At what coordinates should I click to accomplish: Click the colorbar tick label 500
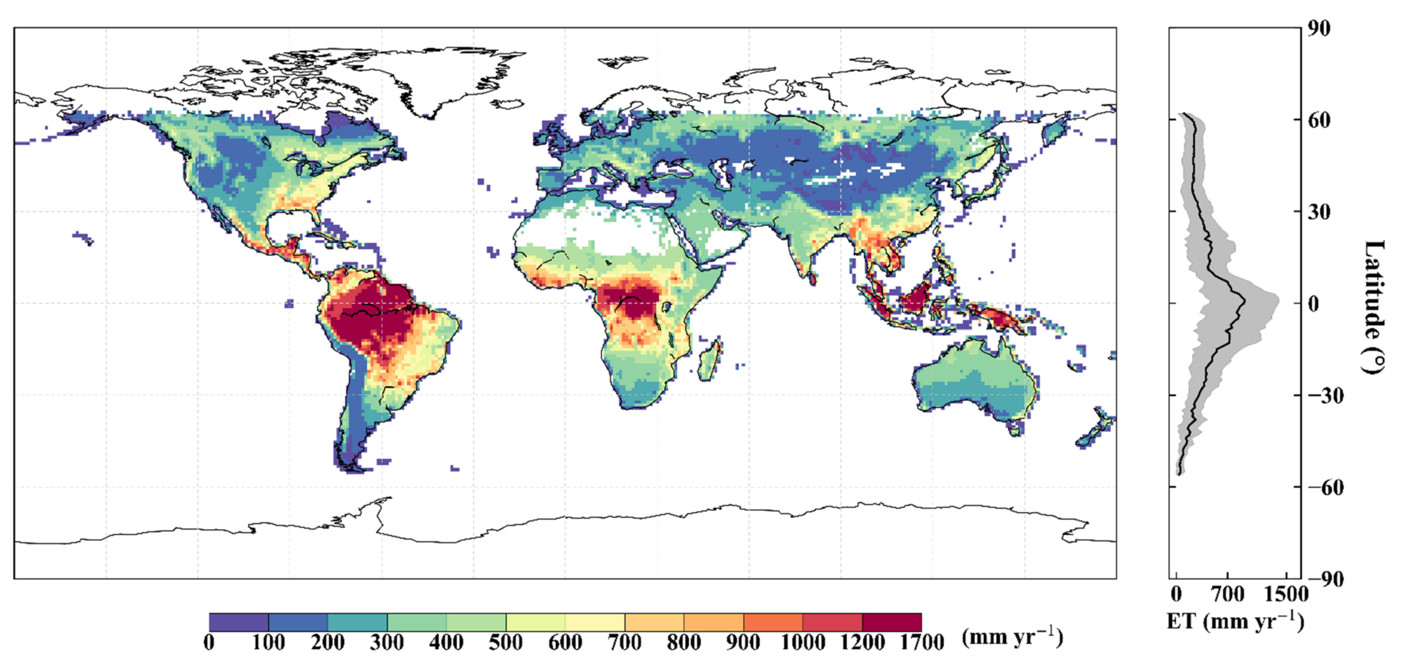[506, 643]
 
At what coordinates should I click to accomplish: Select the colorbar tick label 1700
[922, 643]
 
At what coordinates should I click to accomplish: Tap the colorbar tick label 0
[209, 643]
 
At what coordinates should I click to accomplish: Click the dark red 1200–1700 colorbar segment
[891, 622]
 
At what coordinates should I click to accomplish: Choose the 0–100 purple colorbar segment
[238, 622]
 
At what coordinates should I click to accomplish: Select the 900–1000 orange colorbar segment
[773, 622]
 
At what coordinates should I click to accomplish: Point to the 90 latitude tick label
[1319, 28]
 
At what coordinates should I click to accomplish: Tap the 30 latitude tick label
[1319, 212]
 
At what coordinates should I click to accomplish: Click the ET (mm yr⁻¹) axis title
[1235, 621]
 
